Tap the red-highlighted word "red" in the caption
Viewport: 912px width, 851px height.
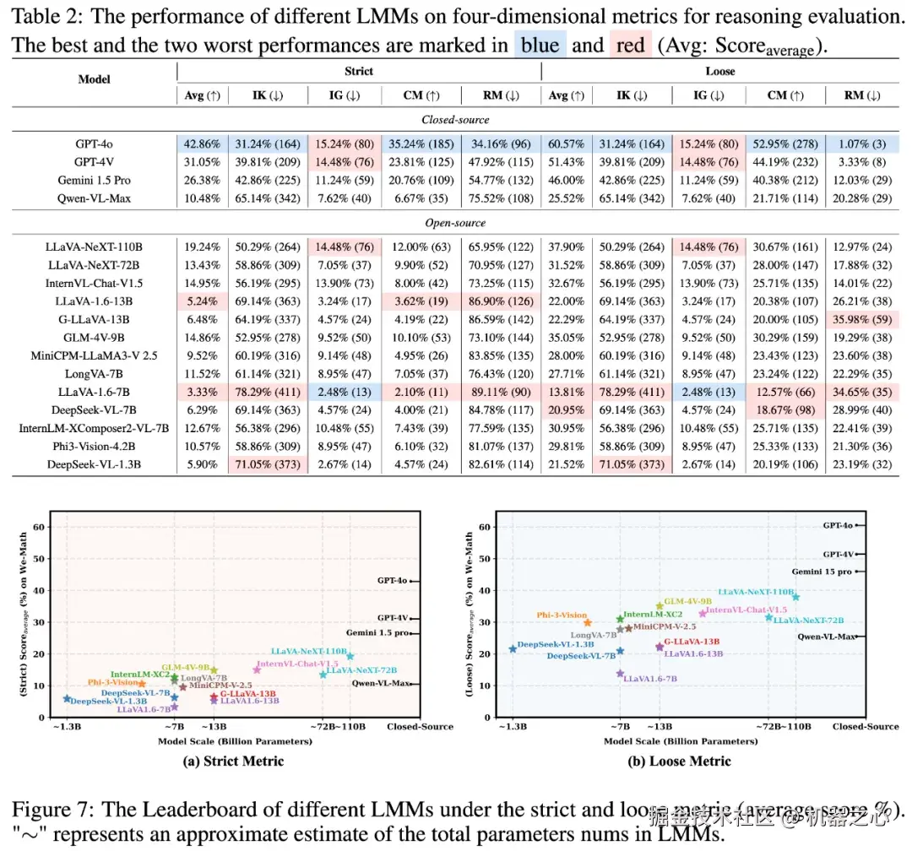[630, 45]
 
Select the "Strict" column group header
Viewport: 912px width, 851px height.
[358, 72]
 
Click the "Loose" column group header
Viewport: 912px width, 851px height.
[720, 72]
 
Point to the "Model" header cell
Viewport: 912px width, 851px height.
[94, 79]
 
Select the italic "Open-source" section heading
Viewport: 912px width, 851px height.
[456, 223]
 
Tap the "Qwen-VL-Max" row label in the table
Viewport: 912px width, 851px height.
[94, 198]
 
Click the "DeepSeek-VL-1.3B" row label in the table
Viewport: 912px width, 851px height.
[94, 464]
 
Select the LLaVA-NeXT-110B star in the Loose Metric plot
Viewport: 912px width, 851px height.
[795, 597]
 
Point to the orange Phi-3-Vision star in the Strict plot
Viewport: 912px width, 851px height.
[142, 684]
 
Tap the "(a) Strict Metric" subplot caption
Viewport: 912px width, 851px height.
[234, 762]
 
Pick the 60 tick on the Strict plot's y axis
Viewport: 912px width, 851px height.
[38, 527]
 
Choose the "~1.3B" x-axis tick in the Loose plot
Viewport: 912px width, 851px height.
[512, 726]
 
